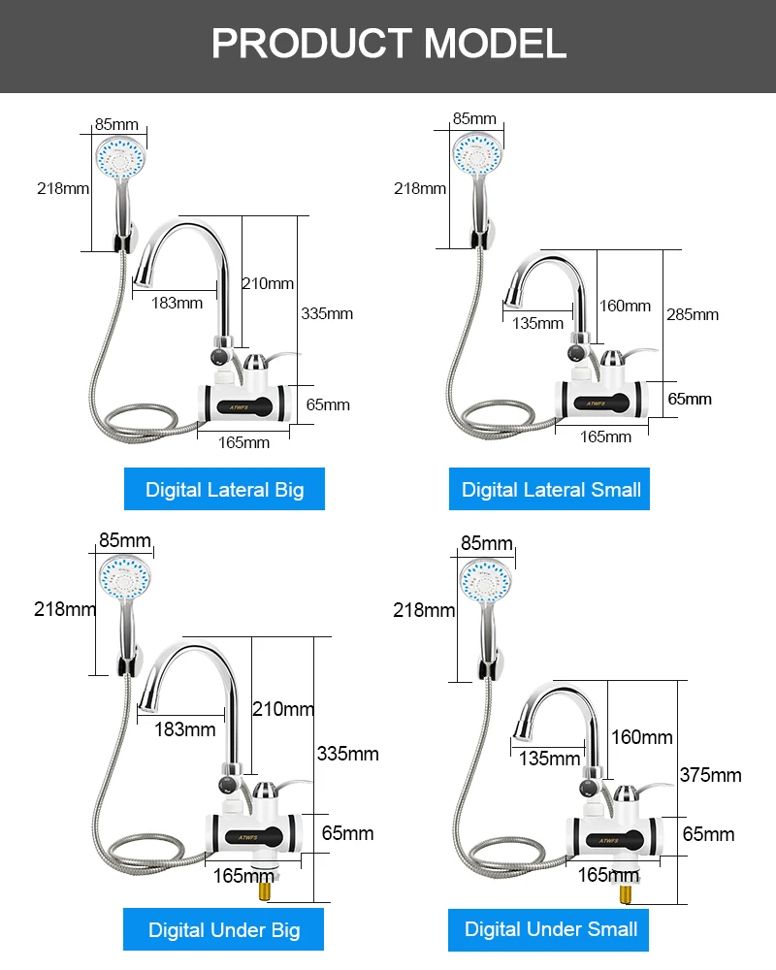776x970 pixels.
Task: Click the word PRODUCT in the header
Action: (312, 44)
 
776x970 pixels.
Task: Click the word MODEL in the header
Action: (495, 44)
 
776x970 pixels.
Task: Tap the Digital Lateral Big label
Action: (224, 489)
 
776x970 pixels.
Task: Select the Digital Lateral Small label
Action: (550, 489)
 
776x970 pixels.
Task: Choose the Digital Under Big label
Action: (223, 929)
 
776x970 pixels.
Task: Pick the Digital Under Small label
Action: (549, 929)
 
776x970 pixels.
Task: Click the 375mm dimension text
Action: (710, 775)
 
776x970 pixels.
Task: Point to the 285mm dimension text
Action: (693, 315)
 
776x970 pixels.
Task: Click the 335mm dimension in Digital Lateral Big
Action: (327, 313)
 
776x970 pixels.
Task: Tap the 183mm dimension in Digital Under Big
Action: (185, 729)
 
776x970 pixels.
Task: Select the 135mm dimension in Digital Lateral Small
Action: (537, 323)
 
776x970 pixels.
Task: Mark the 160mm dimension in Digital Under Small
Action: (642, 737)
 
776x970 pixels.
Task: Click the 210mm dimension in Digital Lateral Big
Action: (268, 283)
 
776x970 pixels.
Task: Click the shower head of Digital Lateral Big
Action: (120, 158)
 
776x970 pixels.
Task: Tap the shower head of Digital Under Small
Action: (486, 582)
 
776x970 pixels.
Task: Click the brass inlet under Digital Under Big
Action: (266, 890)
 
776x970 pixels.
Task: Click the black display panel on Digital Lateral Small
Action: (600, 404)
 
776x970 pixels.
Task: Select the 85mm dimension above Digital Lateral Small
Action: (474, 118)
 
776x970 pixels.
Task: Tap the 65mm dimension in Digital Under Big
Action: (347, 833)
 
